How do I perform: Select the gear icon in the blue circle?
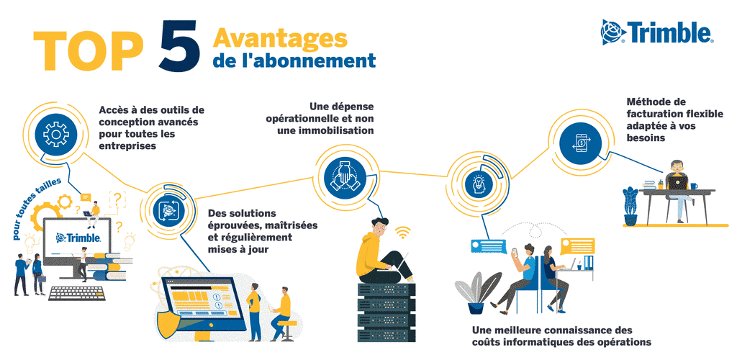pos(56,135)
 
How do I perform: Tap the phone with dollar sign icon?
pos(581,143)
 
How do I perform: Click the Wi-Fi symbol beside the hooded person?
pos(402,232)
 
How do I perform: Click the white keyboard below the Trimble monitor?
pos(77,293)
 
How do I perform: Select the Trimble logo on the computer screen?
pos(78,238)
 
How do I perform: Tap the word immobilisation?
pos(337,130)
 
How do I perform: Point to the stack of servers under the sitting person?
pos(386,312)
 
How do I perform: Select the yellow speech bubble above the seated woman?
pos(577,246)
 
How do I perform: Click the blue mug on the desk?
pos(693,186)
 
